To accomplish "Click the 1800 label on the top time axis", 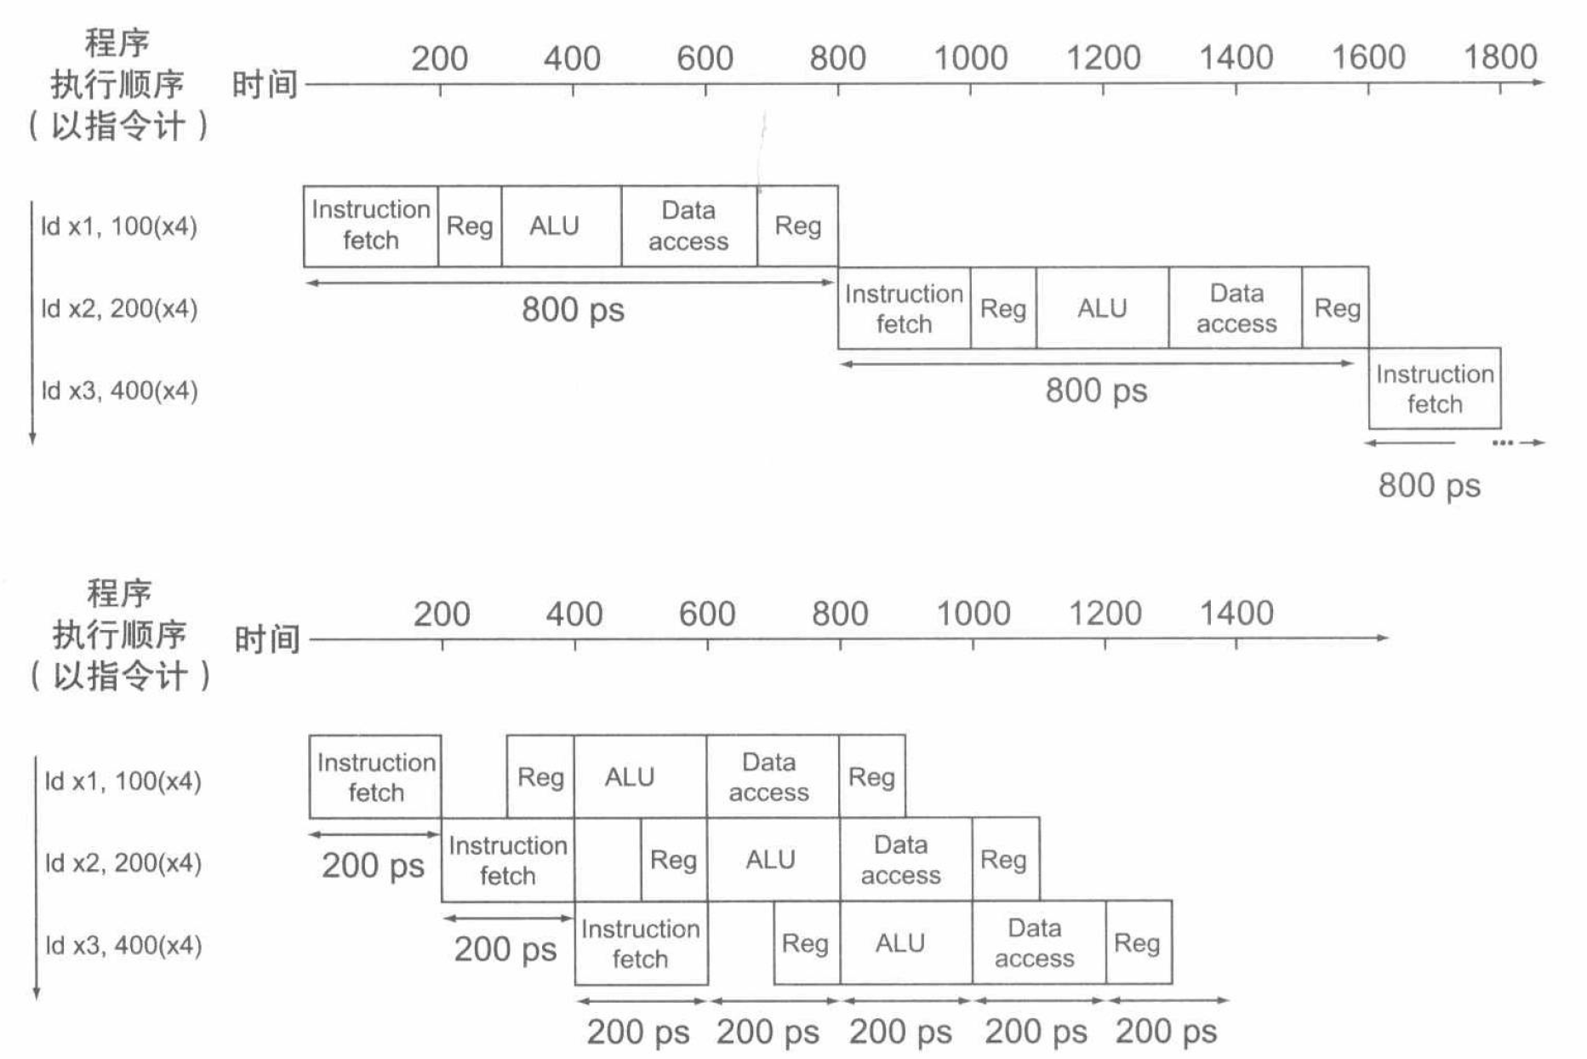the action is point(1499,58).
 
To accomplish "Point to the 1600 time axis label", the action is point(1367,58).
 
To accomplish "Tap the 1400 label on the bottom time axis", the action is point(1236,613).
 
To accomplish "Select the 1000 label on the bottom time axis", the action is point(973,613).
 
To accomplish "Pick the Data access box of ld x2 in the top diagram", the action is point(1236,308).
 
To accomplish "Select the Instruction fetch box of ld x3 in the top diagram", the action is point(1435,388).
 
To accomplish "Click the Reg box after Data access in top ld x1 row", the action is point(797,226).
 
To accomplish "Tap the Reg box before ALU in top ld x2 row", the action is point(1003,308).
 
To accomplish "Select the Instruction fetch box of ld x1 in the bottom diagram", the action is point(375,777).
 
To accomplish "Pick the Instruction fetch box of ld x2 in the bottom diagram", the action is point(508,860).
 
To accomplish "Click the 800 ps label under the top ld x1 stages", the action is point(573,310).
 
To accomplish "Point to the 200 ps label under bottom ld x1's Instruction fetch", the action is point(373,866).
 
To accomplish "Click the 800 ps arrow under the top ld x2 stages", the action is point(1096,364).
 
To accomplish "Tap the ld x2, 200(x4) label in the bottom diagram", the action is point(123,862).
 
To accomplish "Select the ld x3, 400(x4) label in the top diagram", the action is point(120,391).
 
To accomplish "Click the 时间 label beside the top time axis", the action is point(265,85).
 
